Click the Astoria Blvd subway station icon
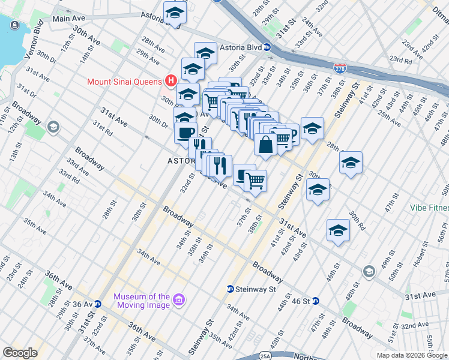click(x=268, y=47)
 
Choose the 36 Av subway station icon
click(x=98, y=304)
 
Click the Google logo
click(x=20, y=353)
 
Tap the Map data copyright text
click(x=411, y=355)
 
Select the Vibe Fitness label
click(x=429, y=208)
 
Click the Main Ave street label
click(x=70, y=19)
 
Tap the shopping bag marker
click(x=265, y=145)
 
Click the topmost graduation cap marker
click(x=175, y=13)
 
